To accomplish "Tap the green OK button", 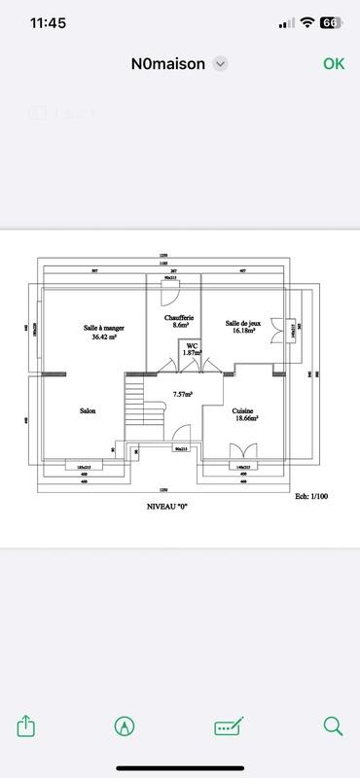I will (334, 64).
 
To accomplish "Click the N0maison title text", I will (168, 64).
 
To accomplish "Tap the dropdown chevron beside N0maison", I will (221, 64).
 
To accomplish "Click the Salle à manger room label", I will (104, 328).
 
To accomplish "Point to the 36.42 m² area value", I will (104, 337).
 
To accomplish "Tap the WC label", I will (193, 345).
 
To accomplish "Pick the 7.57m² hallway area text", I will (182, 394).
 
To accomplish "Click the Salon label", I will (88, 411).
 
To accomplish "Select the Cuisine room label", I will (243, 411).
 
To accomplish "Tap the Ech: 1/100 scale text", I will (313, 496).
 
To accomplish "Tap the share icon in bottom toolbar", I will (26, 725).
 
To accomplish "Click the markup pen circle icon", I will (124, 725).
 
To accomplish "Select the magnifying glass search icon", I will (333, 725).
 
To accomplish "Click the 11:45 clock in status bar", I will (48, 22).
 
